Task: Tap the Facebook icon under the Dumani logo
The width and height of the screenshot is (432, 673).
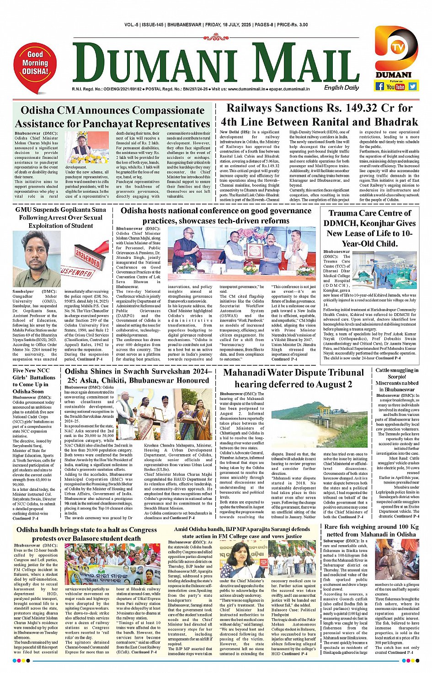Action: pyautogui.click(x=379, y=86)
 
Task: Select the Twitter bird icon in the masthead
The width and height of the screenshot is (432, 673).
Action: pyautogui.click(x=413, y=86)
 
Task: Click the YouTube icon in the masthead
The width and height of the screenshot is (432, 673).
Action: pyautogui.click(x=396, y=86)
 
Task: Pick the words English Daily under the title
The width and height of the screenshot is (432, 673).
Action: pyautogui.click(x=341, y=88)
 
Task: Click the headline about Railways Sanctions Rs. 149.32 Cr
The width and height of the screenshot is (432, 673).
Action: pyautogui.click(x=319, y=115)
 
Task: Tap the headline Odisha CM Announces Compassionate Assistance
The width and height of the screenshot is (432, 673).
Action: pyautogui.click(x=112, y=117)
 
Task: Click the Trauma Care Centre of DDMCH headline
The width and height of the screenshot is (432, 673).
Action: pyautogui.click(x=369, y=228)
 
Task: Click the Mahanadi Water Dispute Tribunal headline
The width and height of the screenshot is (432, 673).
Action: pyautogui.click(x=293, y=378)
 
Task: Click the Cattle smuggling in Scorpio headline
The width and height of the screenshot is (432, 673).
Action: pyautogui.click(x=397, y=380)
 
